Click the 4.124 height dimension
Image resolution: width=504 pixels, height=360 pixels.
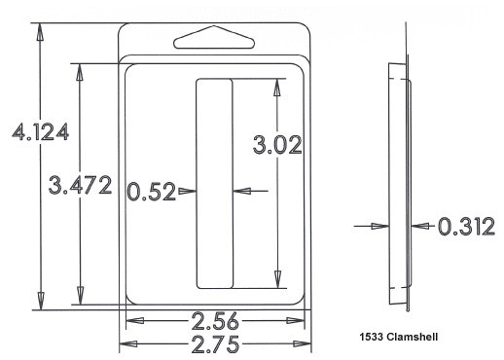tap(40, 131)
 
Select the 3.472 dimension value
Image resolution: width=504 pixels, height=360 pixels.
tap(80, 185)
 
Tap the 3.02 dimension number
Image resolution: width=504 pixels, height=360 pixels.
tap(277, 145)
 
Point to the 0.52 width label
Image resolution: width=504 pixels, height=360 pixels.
tap(151, 192)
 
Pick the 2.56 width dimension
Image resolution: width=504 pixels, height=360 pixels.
tap(215, 321)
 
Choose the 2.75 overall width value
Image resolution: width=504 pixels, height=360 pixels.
tap(215, 343)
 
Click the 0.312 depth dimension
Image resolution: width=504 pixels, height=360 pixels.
tap(466, 226)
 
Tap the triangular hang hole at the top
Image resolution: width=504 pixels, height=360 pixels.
tap(214, 37)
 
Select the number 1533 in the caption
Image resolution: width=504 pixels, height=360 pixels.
tap(372, 337)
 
